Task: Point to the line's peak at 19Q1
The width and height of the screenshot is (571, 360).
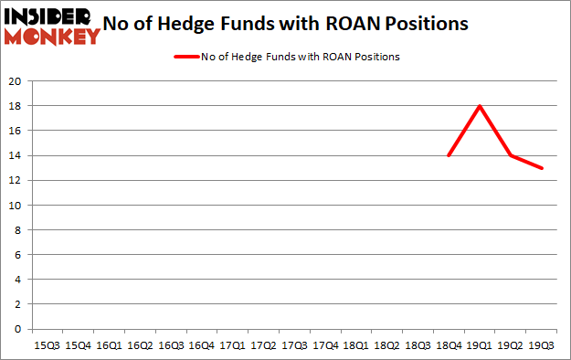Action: click(479, 106)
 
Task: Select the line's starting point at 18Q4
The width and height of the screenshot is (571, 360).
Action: click(448, 155)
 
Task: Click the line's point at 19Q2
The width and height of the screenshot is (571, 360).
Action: click(510, 155)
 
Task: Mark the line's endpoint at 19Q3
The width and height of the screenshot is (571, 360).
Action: click(541, 168)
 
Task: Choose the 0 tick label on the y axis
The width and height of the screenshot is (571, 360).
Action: click(19, 328)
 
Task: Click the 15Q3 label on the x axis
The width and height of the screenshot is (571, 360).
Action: click(47, 345)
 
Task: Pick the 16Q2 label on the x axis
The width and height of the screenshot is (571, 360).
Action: click(139, 345)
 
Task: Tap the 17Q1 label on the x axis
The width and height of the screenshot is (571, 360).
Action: click(232, 345)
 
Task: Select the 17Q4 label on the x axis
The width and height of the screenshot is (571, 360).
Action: click(324, 345)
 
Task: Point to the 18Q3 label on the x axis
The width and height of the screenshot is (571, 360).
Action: click(417, 345)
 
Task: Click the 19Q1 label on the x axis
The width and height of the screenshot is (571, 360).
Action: click(479, 345)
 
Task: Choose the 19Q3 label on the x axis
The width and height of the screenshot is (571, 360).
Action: click(541, 345)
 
